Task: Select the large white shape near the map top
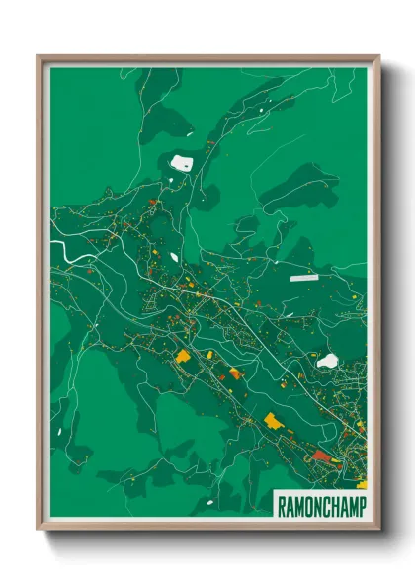(x=182, y=163)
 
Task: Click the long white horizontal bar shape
(x=304, y=279)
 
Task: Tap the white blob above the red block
(x=327, y=362)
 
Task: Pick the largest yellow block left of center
(x=183, y=357)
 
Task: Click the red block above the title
(x=322, y=456)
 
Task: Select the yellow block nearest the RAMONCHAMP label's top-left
(x=273, y=422)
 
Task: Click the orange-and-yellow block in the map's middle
(x=235, y=373)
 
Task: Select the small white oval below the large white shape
(x=174, y=258)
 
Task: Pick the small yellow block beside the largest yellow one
(x=209, y=353)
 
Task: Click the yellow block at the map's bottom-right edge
(x=362, y=483)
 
